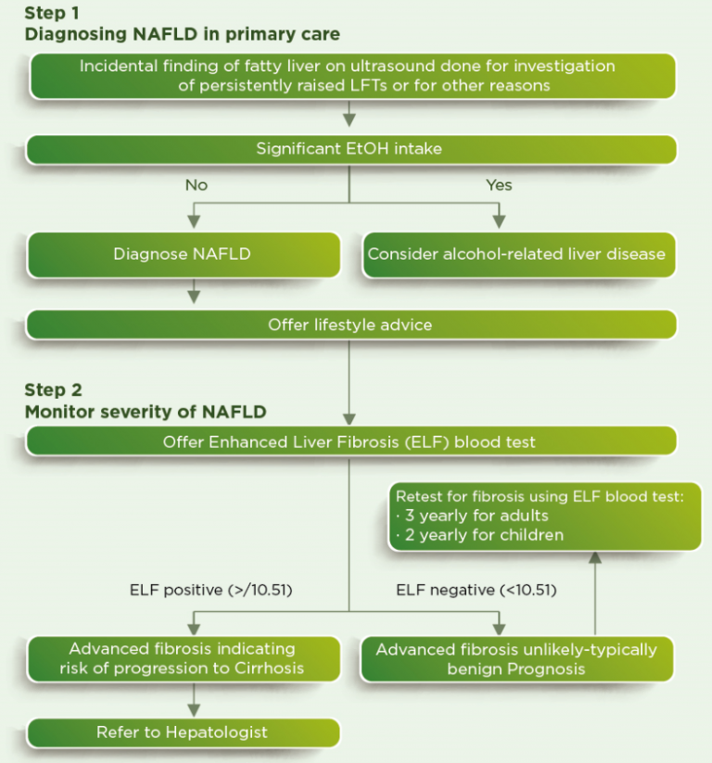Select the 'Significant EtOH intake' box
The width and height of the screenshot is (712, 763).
point(350,148)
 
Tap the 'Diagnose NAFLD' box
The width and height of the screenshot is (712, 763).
point(183,254)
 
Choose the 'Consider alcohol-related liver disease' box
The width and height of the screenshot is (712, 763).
point(516,254)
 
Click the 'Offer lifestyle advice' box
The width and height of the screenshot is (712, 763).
point(350,324)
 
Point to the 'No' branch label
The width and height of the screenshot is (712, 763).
point(197,184)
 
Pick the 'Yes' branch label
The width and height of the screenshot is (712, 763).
point(499,184)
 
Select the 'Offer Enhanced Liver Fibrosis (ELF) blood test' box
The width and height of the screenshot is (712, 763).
point(350,441)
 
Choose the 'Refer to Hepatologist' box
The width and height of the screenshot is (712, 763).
point(183,732)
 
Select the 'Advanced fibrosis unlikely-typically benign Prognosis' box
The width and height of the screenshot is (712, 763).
point(516,659)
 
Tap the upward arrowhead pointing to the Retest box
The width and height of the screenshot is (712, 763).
point(595,558)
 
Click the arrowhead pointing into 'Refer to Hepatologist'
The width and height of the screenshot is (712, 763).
point(194,709)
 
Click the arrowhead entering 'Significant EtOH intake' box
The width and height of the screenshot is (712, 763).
point(350,120)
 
